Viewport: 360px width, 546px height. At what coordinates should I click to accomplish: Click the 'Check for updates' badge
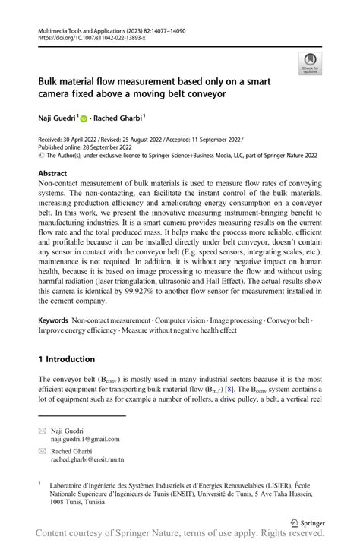(x=310, y=63)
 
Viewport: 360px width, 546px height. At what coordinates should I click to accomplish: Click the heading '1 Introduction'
(x=68, y=359)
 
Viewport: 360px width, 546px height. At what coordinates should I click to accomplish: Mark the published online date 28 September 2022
(x=112, y=149)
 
